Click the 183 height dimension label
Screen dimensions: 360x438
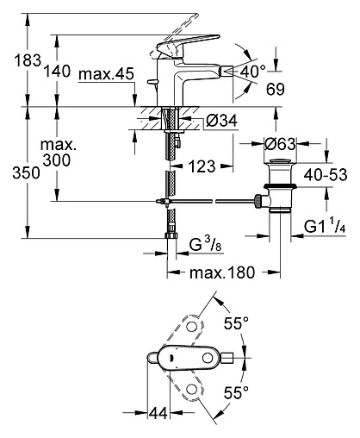point(28,60)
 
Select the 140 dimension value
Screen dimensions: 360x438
point(57,71)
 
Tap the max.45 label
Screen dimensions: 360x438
point(106,74)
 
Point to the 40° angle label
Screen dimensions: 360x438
point(252,72)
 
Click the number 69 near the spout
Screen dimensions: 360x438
point(276,89)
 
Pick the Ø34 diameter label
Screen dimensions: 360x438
point(221,121)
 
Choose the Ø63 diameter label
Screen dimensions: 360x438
point(280,144)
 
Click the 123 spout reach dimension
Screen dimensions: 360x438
point(202,166)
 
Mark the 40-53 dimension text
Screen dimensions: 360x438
point(326,174)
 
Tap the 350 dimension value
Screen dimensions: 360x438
point(26,173)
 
